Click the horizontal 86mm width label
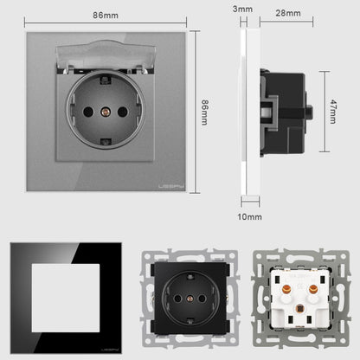[x=106, y=16]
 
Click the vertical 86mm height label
[x=204, y=112]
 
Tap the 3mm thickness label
[x=242, y=9]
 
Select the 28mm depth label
[x=288, y=13]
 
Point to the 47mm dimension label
[x=333, y=112]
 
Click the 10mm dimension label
[x=250, y=216]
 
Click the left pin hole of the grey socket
[x=88, y=112]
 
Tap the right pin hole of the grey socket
[x=123, y=112]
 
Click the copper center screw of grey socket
[x=106, y=112]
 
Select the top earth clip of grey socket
[x=106, y=79]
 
